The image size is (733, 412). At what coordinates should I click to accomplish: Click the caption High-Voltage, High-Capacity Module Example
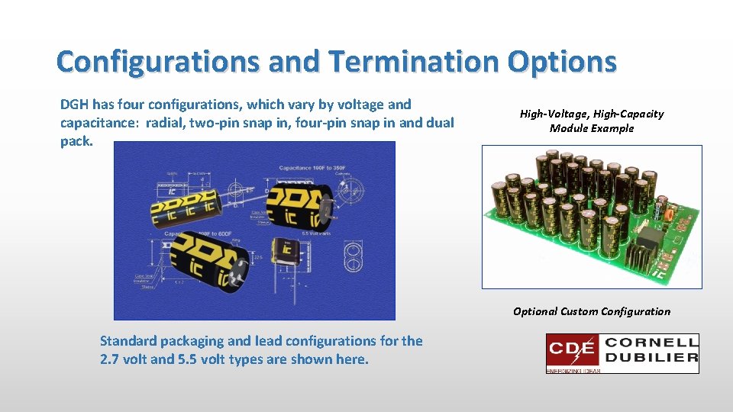point(592,121)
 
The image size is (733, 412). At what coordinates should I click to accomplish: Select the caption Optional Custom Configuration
point(592,311)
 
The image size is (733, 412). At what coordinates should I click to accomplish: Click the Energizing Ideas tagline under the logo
point(573,371)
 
